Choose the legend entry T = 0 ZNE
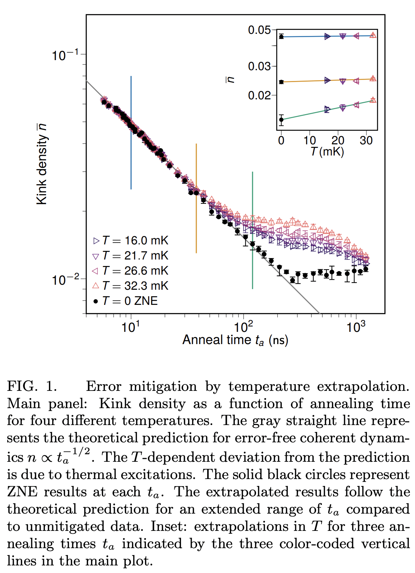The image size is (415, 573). pyautogui.click(x=126, y=301)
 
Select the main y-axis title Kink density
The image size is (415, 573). pyautogui.click(x=42, y=164)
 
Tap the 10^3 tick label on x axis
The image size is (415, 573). pyautogui.click(x=355, y=328)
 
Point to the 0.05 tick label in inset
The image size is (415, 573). pyautogui.click(x=259, y=30)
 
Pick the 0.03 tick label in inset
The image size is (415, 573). pyautogui.click(x=259, y=66)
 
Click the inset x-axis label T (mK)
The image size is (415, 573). pyautogui.click(x=327, y=152)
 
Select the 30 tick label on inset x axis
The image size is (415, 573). pyautogui.click(x=366, y=140)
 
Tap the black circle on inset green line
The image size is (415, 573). pyautogui.click(x=281, y=119)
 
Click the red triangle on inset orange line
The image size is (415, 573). pyautogui.click(x=373, y=78)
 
